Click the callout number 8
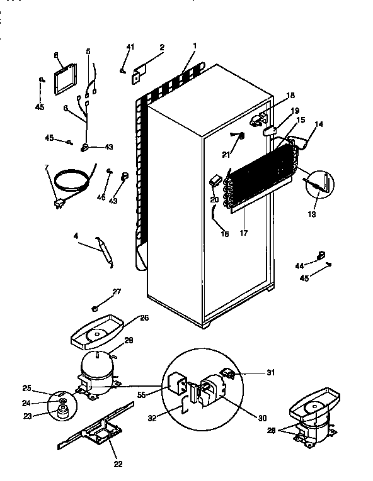pos(56,55)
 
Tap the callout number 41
pos(130,48)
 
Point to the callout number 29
pos(129,340)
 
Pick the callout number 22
pos(117,465)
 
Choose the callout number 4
pos(76,236)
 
